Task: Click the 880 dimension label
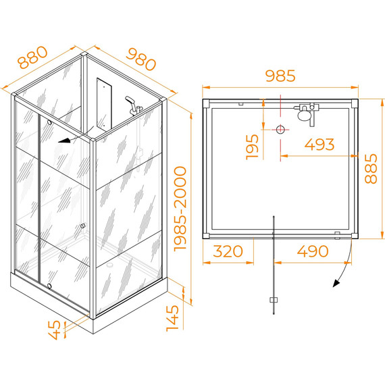pyautogui.click(x=33, y=57)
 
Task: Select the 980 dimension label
pyautogui.click(x=141, y=59)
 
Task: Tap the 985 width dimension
pyautogui.click(x=280, y=76)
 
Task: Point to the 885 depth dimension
pyautogui.click(x=371, y=168)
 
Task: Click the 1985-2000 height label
pyautogui.click(x=180, y=209)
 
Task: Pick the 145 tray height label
pyautogui.click(x=172, y=318)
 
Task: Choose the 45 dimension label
pyautogui.click(x=54, y=330)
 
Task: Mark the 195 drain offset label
pyautogui.click(x=252, y=147)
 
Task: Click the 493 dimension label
pyautogui.click(x=319, y=145)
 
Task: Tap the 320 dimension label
pyautogui.click(x=228, y=251)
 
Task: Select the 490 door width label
pyautogui.click(x=313, y=251)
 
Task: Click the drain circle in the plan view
pyautogui.click(x=280, y=130)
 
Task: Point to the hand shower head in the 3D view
pyautogui.click(x=130, y=100)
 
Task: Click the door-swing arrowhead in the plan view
pyautogui.click(x=336, y=283)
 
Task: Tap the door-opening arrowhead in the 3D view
pyautogui.click(x=64, y=140)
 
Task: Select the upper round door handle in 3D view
pyautogui.click(x=49, y=122)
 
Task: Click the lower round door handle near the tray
pyautogui.click(x=49, y=286)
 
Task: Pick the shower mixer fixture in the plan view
pyautogui.click(x=307, y=113)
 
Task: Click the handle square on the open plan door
pyautogui.click(x=274, y=300)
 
